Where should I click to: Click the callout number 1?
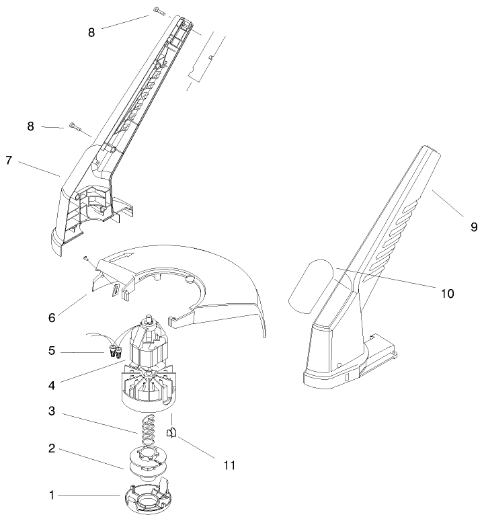pos(52,495)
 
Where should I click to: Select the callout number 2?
pos(52,448)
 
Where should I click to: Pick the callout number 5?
pos(52,350)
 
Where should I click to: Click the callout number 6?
pos(52,315)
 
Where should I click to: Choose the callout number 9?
pos(474,227)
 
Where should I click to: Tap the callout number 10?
pos(448,293)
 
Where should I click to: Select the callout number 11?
pos(230,465)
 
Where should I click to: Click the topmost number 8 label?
pos(92,31)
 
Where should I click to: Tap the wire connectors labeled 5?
pos(114,349)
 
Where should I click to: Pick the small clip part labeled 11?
pos(171,433)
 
